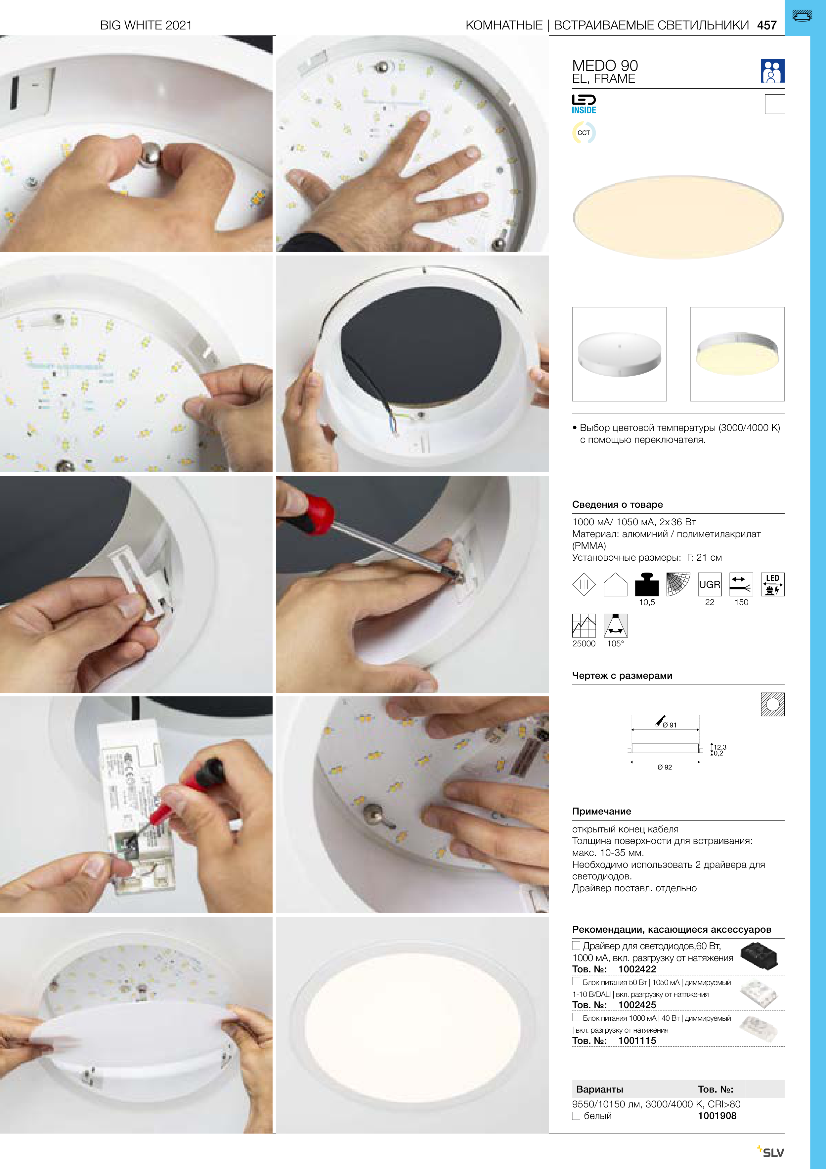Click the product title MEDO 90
pyautogui.click(x=605, y=65)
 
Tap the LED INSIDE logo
pyautogui.click(x=584, y=104)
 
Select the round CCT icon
pyautogui.click(x=584, y=133)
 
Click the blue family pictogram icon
pyautogui.click(x=772, y=71)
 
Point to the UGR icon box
pyautogui.click(x=710, y=584)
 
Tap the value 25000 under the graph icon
pyautogui.click(x=584, y=643)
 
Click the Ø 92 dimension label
pyautogui.click(x=665, y=767)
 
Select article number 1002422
pyautogui.click(x=637, y=969)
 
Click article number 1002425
pyautogui.click(x=637, y=1005)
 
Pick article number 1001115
pyautogui.click(x=637, y=1040)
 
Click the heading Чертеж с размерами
pyautogui.click(x=622, y=676)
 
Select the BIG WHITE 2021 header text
pyautogui.click(x=146, y=25)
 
